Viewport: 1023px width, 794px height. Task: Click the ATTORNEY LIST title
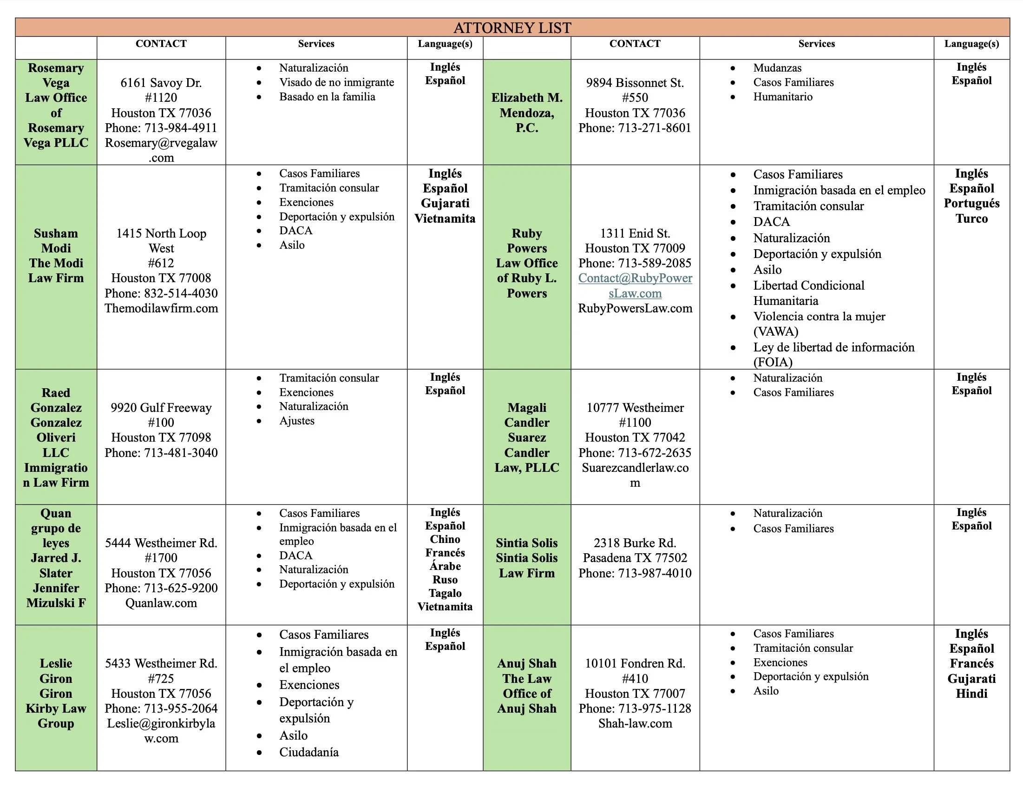pyautogui.click(x=512, y=27)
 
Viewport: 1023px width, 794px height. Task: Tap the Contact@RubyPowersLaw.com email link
pyautogui.click(x=635, y=285)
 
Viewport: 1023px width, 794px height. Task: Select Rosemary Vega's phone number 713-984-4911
pyautogui.click(x=180, y=128)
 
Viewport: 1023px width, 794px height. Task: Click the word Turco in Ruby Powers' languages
pyautogui.click(x=971, y=218)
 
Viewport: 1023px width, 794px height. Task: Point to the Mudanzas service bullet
pyautogui.click(x=777, y=68)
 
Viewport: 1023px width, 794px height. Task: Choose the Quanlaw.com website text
pyautogui.click(x=161, y=603)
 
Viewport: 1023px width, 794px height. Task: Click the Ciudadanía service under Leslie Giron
pyautogui.click(x=308, y=752)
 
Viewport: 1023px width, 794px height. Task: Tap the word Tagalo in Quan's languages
pyautogui.click(x=445, y=593)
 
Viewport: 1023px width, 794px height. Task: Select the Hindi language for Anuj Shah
pyautogui.click(x=971, y=693)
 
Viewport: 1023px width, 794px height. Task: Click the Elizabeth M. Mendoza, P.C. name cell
pyautogui.click(x=526, y=112)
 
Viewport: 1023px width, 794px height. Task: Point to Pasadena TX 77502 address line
pyautogui.click(x=635, y=558)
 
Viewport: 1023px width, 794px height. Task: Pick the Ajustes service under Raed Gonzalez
pyautogui.click(x=297, y=421)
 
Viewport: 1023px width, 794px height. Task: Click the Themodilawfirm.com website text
pyautogui.click(x=161, y=308)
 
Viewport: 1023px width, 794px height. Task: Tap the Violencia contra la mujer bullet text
pyautogui.click(x=819, y=317)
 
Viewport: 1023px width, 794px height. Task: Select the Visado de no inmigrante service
pyautogui.click(x=336, y=82)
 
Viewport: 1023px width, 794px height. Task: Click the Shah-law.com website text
pyautogui.click(x=635, y=723)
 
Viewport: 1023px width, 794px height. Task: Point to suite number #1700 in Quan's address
pyautogui.click(x=161, y=558)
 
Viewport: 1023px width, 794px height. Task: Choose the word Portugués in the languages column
pyautogui.click(x=971, y=204)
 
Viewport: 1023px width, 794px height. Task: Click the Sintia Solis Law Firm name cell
pyautogui.click(x=526, y=558)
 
